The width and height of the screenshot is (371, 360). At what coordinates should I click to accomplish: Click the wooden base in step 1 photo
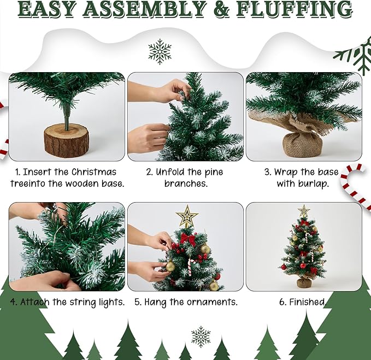[66, 141]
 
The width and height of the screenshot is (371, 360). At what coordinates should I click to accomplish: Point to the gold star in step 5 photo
[187, 217]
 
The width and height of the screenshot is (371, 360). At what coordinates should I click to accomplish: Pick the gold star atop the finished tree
[304, 211]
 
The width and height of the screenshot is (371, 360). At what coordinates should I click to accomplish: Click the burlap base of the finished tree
[304, 282]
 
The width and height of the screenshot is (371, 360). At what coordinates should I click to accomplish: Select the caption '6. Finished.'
[303, 302]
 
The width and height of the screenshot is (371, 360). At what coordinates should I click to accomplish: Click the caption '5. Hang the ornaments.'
[185, 302]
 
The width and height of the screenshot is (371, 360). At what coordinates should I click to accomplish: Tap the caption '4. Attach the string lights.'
[68, 302]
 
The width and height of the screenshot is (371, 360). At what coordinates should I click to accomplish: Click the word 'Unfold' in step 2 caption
[172, 172]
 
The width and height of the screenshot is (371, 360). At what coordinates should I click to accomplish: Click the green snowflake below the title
[160, 52]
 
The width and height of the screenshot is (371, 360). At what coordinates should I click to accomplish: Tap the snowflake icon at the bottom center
[201, 337]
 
